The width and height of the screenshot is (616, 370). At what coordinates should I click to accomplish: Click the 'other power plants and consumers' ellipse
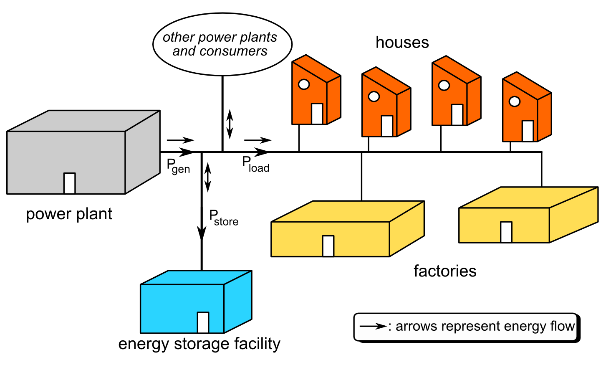coord(222,44)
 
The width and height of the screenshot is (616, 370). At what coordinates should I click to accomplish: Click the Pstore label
coord(223,218)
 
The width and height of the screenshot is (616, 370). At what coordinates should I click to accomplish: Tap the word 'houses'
coord(402,43)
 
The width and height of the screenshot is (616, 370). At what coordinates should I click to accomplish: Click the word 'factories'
coord(445,271)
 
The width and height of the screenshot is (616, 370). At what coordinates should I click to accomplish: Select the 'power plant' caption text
coord(69,214)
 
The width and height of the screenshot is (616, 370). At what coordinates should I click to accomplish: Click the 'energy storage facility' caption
coord(199,344)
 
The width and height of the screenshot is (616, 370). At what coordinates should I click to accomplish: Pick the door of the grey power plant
coord(70,183)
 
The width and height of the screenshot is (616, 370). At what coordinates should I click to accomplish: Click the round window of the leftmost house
coord(304,84)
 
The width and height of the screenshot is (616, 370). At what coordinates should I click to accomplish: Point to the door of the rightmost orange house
coord(528,131)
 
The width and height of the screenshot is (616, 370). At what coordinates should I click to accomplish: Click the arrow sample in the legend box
coord(373,326)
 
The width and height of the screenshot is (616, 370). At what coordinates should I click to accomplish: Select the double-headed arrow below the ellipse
coord(230,124)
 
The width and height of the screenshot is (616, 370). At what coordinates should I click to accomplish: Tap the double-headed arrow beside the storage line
coord(207,177)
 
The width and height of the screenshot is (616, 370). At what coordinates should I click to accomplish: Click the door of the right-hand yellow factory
coord(506,232)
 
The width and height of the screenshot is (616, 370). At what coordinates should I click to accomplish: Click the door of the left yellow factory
coord(328,246)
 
